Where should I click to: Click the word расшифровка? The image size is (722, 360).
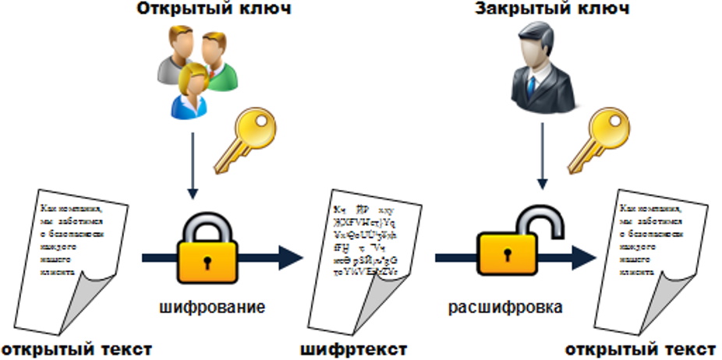point(505,307)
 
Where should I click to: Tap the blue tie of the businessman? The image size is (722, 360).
point(531,85)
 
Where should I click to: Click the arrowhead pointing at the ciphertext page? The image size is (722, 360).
point(289,256)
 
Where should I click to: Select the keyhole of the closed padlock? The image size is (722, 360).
point(207,256)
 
